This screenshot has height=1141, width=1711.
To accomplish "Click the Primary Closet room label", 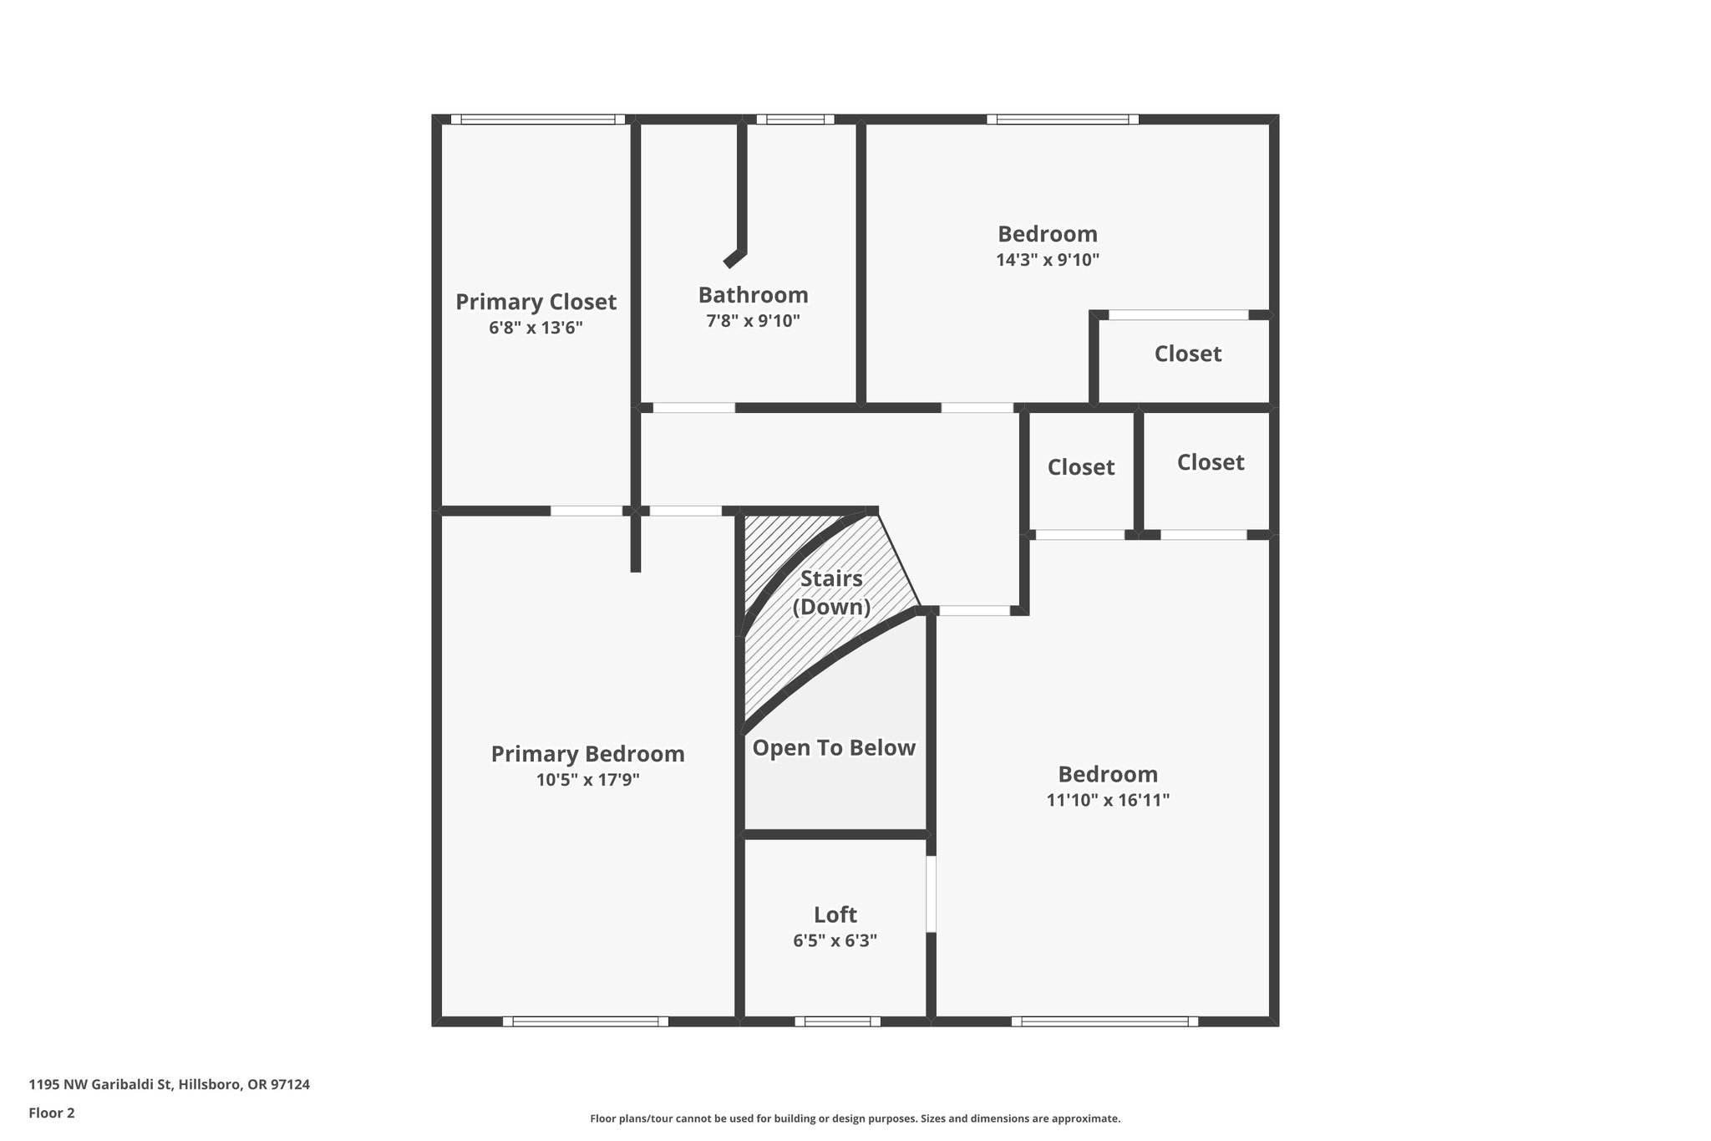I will [536, 302].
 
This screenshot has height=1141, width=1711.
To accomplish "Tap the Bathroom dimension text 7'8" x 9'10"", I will [753, 321].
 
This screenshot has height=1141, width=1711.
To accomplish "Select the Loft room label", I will [835, 914].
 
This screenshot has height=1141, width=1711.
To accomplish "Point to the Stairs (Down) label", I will [831, 593].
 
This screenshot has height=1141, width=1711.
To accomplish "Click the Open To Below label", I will [834, 747].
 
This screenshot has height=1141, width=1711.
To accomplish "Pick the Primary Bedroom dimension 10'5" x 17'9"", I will [587, 781].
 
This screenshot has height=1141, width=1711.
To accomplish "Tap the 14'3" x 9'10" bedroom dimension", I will [1047, 260].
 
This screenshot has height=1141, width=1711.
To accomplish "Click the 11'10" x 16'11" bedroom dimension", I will [1108, 800].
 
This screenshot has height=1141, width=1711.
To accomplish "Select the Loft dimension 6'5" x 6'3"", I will [835, 940].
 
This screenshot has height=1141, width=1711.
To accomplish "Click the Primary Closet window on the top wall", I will [538, 120].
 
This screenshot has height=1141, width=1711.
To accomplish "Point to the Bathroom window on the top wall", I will [795, 120].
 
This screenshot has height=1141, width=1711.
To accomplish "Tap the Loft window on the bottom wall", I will [837, 1021].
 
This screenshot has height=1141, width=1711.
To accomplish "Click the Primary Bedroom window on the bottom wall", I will [586, 1021].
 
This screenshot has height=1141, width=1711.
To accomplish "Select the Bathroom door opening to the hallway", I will [693, 408].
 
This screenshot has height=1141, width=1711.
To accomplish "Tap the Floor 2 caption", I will [52, 1113].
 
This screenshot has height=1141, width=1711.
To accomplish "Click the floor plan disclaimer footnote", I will [855, 1118].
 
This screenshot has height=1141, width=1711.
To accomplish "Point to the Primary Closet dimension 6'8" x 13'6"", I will [536, 328].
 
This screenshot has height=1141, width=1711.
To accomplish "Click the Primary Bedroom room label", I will [587, 754].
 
